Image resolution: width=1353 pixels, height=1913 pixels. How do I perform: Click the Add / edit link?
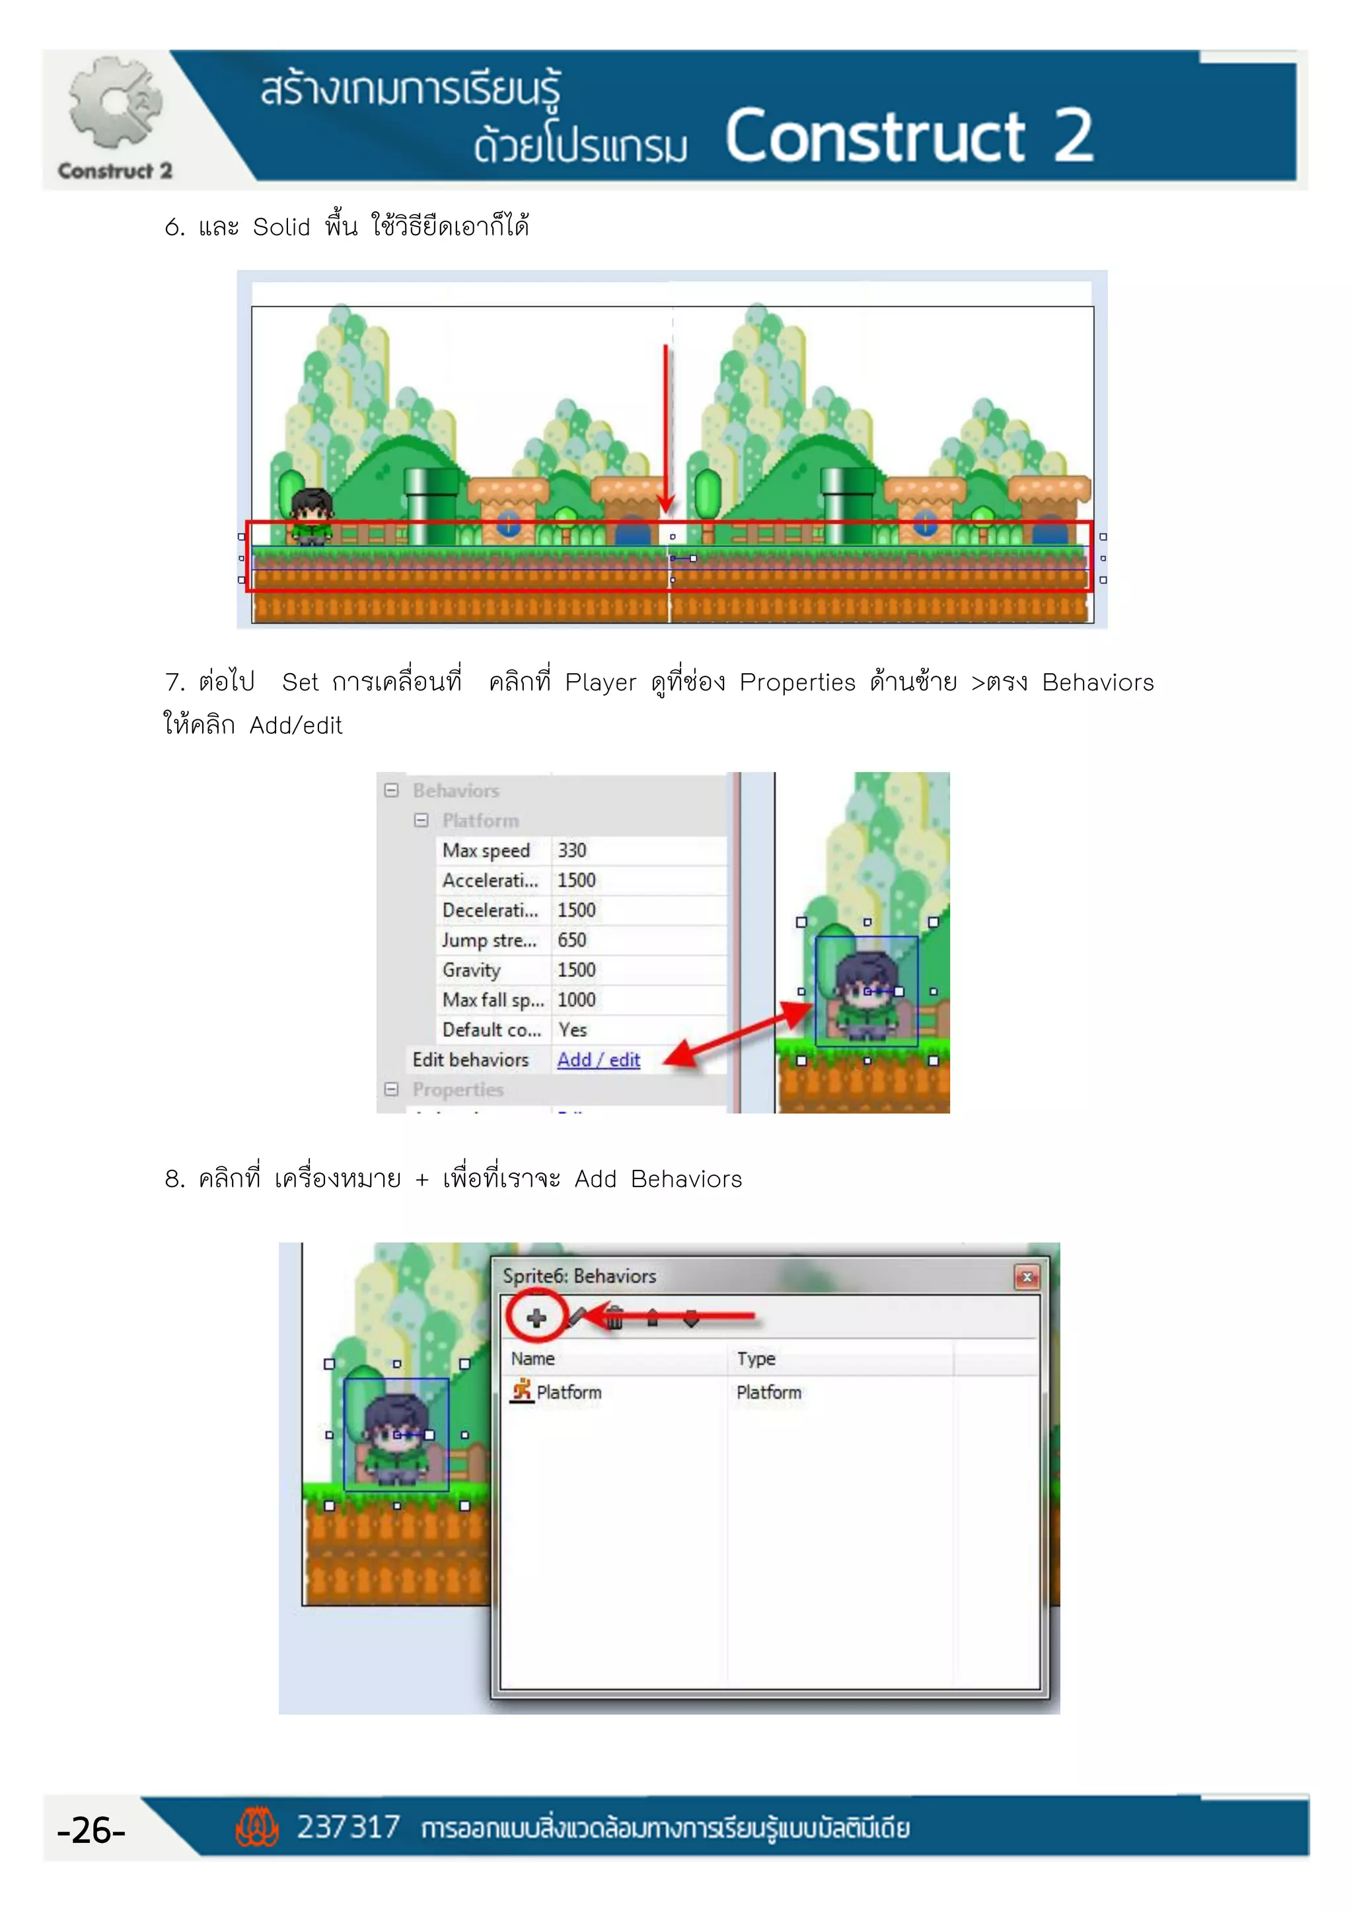pos(598,1060)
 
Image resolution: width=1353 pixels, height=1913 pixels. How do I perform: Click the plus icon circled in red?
pos(536,1318)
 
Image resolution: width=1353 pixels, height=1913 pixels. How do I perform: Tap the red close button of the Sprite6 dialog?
pos(1027,1276)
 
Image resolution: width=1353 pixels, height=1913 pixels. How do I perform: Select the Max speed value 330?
pos(572,850)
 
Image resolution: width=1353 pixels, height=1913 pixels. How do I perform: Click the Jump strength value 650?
pos(572,940)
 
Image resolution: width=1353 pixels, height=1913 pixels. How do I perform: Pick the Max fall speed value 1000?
pos(577,1000)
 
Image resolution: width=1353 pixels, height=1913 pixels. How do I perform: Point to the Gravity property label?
pos(472,970)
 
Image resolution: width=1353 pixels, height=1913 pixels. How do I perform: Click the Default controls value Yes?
pos(572,1030)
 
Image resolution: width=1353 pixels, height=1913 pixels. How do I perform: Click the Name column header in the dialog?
pos(533,1358)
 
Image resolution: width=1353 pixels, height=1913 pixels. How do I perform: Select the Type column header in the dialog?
pos(756,1358)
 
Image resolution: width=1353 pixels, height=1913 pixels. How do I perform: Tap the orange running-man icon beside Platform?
pos(521,1390)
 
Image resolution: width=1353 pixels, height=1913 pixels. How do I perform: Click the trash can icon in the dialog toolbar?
pos(614,1318)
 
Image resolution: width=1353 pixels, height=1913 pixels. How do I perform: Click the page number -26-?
pos(91,1830)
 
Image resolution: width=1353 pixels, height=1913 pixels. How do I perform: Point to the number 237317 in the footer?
pos(348,1827)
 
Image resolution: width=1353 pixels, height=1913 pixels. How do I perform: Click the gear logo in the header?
pos(115,104)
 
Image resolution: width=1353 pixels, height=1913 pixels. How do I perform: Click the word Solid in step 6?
pos(281,227)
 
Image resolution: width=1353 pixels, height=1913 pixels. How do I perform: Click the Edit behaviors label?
pos(471,1060)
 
